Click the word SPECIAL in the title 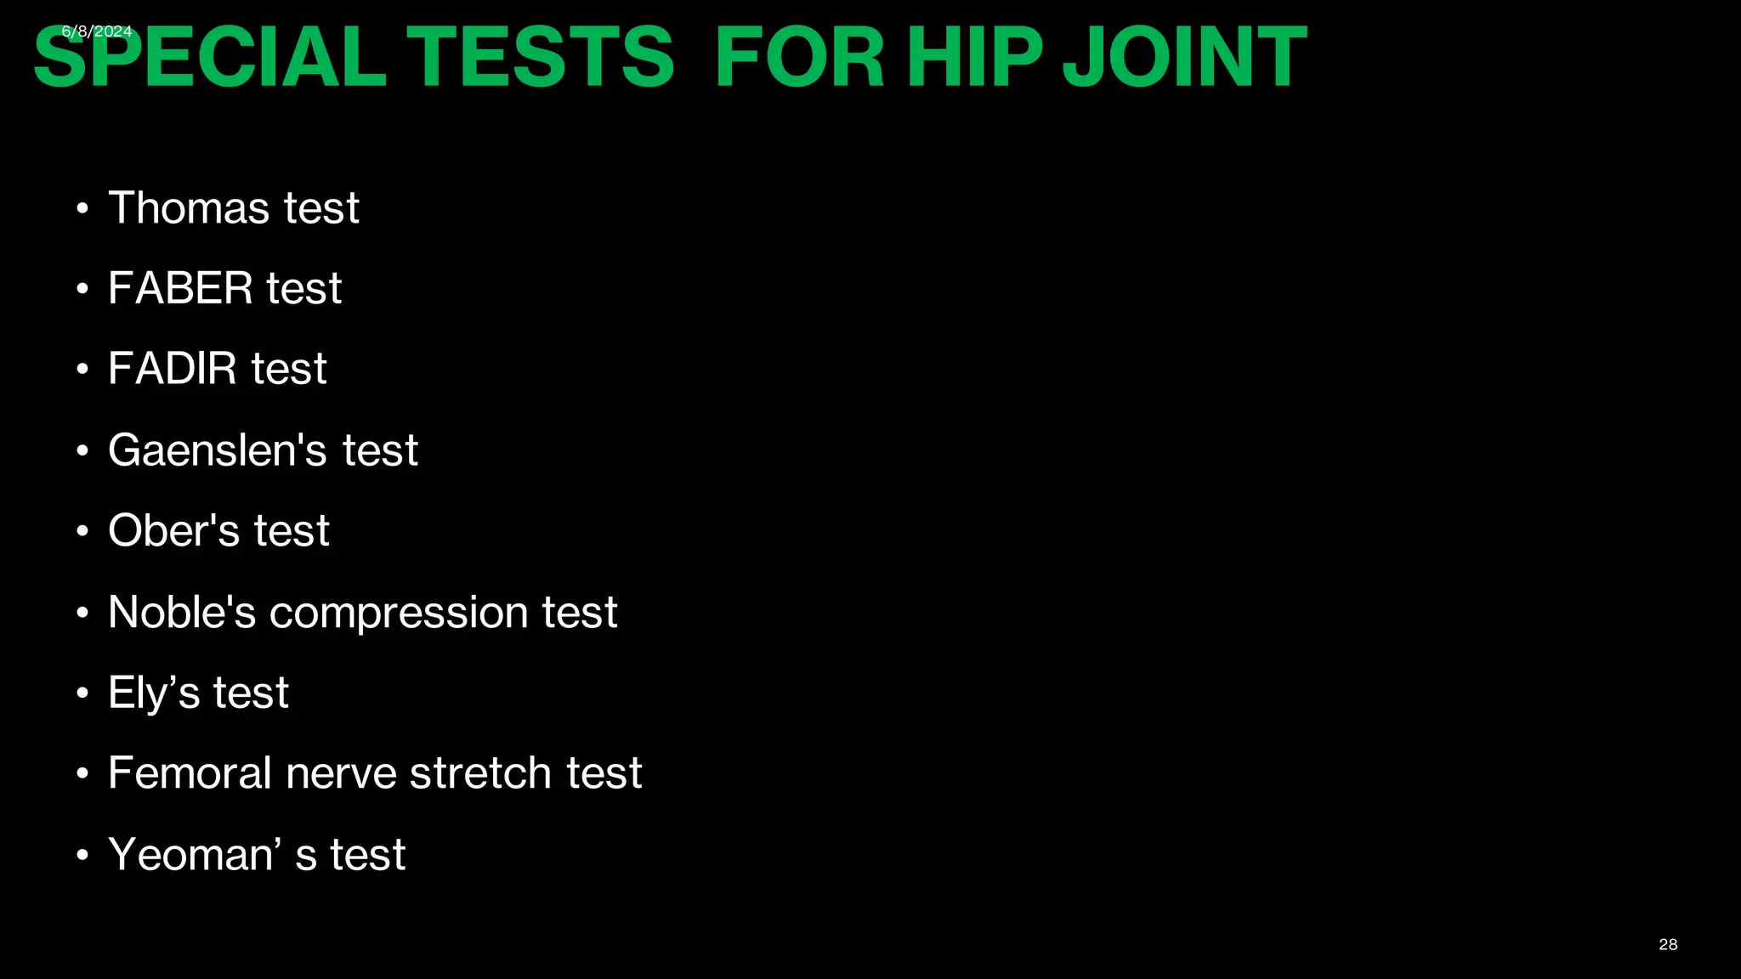coord(209,58)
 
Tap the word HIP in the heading coord(974,58)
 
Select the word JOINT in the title coord(1184,58)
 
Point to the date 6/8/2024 coord(97,31)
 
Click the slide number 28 coord(1668,944)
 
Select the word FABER coord(180,288)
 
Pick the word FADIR coord(173,369)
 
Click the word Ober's coord(174,530)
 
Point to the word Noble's coord(182,612)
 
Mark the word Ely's coord(153,693)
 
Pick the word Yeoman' coord(195,854)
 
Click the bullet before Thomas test coord(82,209)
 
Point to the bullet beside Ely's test coord(82,693)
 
